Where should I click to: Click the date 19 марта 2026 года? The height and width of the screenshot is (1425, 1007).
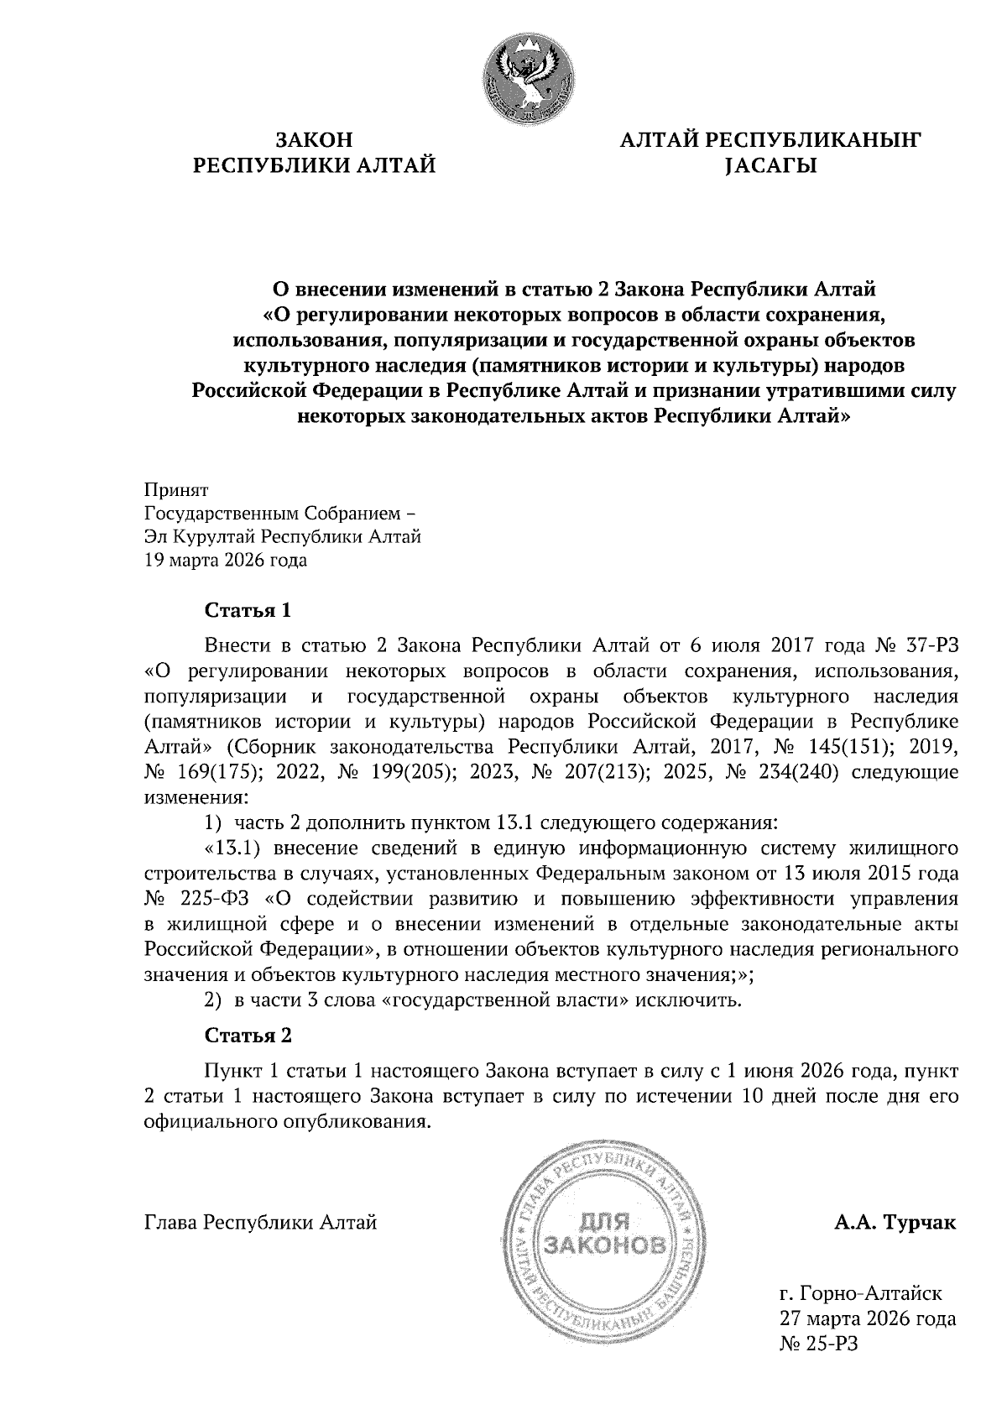226,561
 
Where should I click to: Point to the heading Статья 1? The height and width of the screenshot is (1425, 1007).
248,609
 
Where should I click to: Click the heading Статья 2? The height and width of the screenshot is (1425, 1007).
248,1036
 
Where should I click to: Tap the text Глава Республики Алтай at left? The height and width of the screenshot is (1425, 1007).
261,1223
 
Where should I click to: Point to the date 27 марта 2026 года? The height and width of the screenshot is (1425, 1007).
868,1319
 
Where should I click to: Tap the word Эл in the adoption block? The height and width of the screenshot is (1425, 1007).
155,537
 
